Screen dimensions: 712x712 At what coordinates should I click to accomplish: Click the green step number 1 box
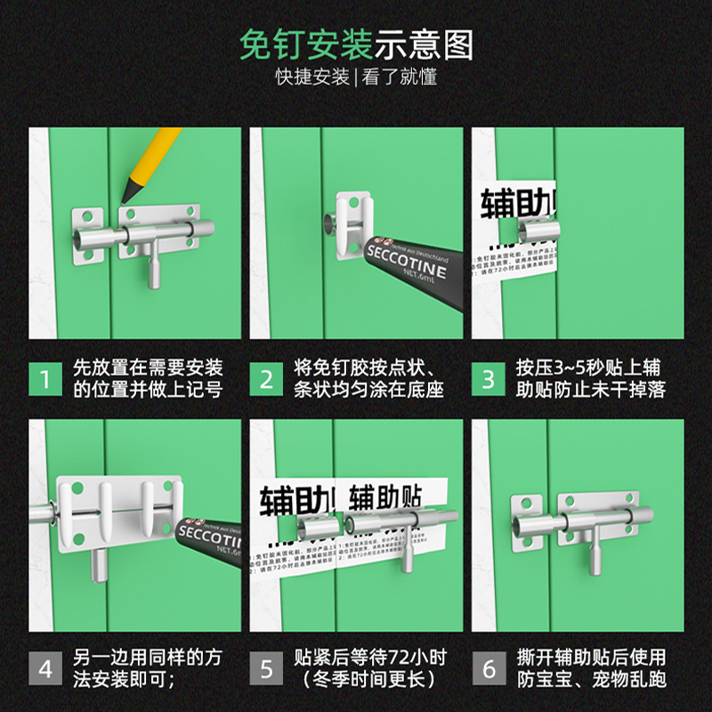(x=44, y=378)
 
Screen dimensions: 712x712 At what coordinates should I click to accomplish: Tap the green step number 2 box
(x=266, y=378)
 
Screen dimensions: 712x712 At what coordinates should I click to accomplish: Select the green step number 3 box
(x=488, y=378)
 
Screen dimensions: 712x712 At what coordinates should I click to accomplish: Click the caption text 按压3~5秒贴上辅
(x=588, y=368)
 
